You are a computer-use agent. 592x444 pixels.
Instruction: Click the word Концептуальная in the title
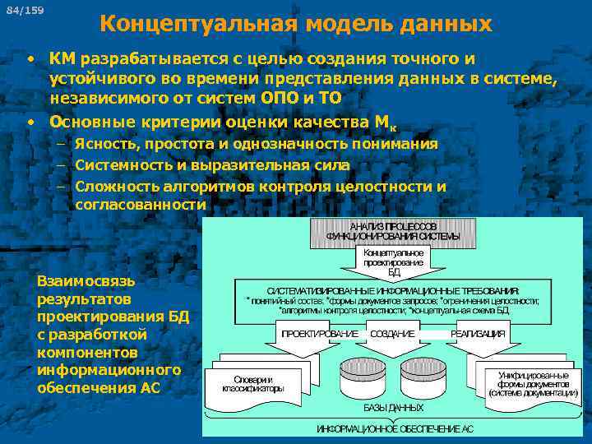pyautogui.click(x=200, y=24)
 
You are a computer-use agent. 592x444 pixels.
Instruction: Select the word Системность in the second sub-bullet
pyautogui.click(x=123, y=165)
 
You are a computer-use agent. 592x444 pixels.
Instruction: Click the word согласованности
pyautogui.click(x=140, y=205)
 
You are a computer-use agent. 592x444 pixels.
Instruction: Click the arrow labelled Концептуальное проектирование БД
pyautogui.click(x=394, y=262)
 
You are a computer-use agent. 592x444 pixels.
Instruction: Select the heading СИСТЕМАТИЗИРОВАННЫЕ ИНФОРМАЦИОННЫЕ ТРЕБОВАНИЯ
pyautogui.click(x=393, y=291)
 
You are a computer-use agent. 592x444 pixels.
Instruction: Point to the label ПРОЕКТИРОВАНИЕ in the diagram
pyautogui.click(x=320, y=335)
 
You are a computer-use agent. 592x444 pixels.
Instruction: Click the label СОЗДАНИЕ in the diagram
pyautogui.click(x=393, y=335)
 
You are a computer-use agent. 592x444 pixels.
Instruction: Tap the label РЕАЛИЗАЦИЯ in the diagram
pyautogui.click(x=477, y=335)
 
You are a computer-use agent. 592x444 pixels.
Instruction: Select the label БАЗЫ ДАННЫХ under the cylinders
pyautogui.click(x=393, y=408)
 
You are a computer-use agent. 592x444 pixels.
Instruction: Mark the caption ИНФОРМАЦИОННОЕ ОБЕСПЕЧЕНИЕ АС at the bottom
pyautogui.click(x=395, y=429)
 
